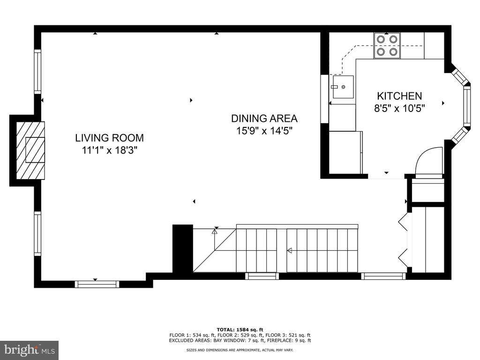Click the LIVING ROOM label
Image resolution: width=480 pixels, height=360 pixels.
(109, 138)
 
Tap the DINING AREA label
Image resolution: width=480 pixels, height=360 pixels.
(264, 118)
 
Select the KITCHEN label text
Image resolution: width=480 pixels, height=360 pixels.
(399, 96)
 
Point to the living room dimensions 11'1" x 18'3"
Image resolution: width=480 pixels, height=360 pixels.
(109, 150)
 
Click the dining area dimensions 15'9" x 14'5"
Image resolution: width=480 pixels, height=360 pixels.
(264, 131)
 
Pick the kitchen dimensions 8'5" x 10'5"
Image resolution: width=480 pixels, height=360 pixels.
(399, 108)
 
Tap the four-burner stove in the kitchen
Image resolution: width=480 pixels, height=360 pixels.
(387, 45)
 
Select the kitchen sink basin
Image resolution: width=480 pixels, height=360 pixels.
(343, 87)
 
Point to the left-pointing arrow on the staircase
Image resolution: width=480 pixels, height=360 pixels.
(289, 251)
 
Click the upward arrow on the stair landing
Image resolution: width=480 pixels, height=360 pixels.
(214, 232)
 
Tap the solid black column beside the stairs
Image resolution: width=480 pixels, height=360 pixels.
(183, 248)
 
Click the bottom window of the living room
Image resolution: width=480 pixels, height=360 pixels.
(97, 284)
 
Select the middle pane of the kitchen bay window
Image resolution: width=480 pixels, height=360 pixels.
(467, 105)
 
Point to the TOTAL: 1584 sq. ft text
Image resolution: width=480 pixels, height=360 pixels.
(240, 330)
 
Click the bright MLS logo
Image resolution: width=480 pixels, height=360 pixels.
(30, 350)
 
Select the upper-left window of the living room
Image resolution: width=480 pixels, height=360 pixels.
(37, 72)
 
